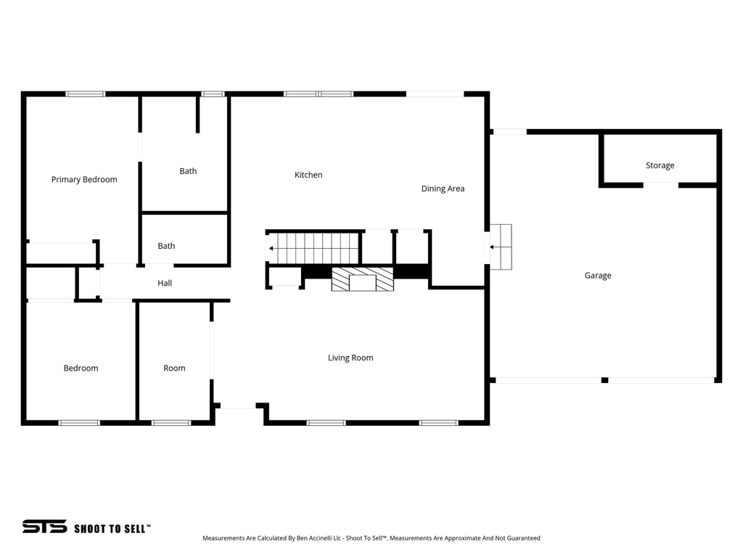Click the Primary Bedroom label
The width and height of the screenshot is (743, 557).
click(x=84, y=179)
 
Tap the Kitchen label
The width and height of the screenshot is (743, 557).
click(x=308, y=175)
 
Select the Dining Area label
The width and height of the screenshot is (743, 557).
click(x=443, y=189)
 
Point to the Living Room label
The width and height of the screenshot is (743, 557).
click(x=350, y=358)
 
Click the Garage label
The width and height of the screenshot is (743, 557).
click(x=598, y=276)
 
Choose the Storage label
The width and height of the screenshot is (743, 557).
click(x=660, y=165)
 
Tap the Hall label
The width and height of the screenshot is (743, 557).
click(x=165, y=283)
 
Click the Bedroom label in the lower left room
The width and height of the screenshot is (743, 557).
click(x=81, y=368)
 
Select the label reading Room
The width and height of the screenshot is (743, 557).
click(x=174, y=368)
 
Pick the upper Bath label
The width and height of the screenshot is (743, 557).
click(x=188, y=171)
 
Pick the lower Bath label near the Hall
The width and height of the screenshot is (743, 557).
click(x=166, y=246)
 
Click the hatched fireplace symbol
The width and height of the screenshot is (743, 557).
click(x=363, y=279)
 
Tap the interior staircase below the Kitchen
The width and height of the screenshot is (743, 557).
click(x=313, y=248)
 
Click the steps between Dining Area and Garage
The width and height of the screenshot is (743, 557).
click(x=501, y=247)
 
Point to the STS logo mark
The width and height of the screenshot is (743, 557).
click(x=44, y=527)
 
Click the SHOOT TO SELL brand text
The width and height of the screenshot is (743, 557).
click(x=112, y=529)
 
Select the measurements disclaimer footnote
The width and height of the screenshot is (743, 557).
click(x=371, y=538)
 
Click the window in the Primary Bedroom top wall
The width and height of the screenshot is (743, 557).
click(x=86, y=94)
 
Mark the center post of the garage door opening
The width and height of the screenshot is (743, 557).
click(x=604, y=380)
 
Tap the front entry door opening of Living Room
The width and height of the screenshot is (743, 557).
click(x=238, y=408)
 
